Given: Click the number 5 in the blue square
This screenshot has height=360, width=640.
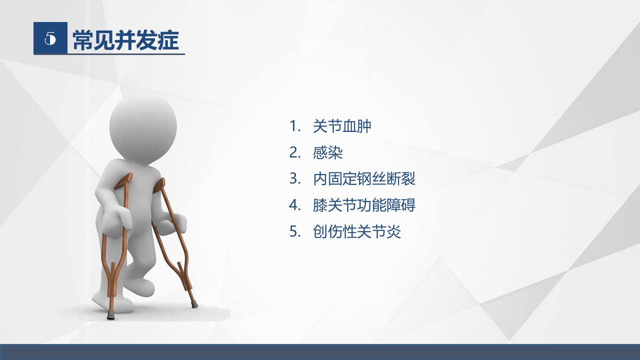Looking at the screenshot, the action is (50, 38).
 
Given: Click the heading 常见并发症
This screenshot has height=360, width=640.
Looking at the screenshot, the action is (125, 40).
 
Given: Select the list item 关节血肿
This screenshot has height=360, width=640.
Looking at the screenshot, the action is (342, 126).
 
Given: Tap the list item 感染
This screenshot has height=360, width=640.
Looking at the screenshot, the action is (327, 152).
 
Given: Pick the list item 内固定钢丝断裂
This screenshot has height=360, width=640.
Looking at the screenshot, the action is (364, 179).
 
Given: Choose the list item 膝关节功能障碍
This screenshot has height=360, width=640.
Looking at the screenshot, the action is (364, 205).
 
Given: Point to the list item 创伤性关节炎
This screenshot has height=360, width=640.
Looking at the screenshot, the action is (357, 231).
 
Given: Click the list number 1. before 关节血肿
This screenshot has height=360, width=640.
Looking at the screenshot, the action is (295, 126).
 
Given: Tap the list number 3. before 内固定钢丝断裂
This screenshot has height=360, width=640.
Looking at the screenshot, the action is (295, 179).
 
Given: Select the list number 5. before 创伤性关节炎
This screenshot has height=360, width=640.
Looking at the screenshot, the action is (295, 231).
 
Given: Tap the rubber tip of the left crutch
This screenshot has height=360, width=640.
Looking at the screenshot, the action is (109, 316).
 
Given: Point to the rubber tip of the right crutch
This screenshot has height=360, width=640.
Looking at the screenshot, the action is (194, 303).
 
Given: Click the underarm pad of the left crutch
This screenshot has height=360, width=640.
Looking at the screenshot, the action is (123, 180).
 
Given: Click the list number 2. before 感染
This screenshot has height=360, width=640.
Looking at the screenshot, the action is (295, 152).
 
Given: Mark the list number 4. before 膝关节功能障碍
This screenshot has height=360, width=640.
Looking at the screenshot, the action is (295, 205).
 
